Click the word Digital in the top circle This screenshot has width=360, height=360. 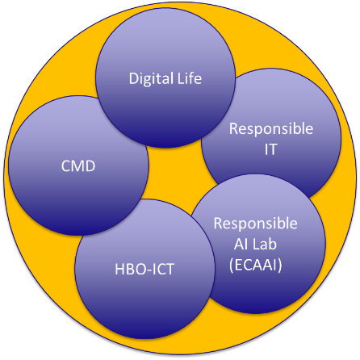click(x=151, y=79)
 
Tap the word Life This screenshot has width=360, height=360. click(x=190, y=78)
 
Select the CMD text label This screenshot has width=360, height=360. click(x=78, y=166)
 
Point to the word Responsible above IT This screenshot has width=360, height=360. click(x=271, y=129)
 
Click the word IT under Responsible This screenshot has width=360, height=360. click(x=270, y=149)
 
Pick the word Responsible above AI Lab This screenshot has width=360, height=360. click(x=256, y=224)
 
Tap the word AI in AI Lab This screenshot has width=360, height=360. click(x=240, y=245)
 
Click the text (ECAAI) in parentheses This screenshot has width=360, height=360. click(x=256, y=265)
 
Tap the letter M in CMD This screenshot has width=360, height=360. click(x=79, y=166)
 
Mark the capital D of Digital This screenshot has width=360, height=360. click(x=133, y=78)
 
